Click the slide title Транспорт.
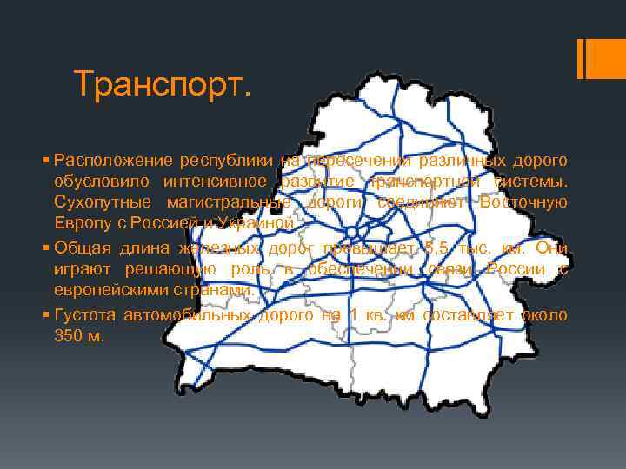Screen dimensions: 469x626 click(162, 83)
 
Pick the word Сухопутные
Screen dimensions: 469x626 click(98, 202)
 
